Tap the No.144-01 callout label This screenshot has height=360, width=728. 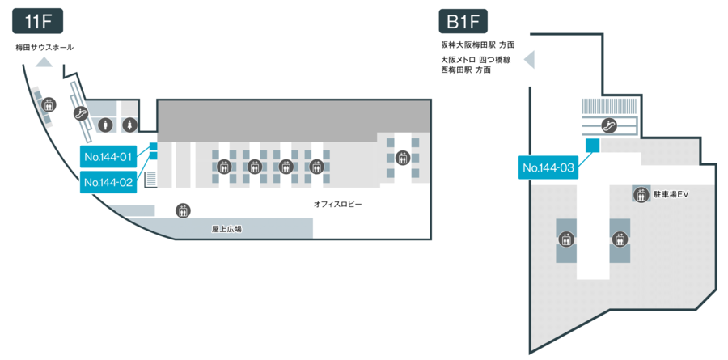(x=108, y=155)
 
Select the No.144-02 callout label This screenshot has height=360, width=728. (x=108, y=182)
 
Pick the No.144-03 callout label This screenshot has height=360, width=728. (x=548, y=167)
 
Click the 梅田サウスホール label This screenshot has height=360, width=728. (x=44, y=47)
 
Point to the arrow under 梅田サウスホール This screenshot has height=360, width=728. (x=44, y=61)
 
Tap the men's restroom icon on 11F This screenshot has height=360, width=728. (x=106, y=125)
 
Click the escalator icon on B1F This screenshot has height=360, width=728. (x=611, y=125)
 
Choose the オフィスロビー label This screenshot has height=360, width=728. (x=338, y=205)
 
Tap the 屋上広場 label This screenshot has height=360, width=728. (x=227, y=230)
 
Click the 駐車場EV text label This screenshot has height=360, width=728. (x=671, y=195)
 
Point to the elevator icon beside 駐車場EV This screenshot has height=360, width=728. (x=641, y=195)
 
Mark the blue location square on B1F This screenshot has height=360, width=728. (x=592, y=145)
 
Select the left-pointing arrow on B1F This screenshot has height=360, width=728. (x=531, y=60)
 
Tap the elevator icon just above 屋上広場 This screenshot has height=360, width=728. (x=183, y=210)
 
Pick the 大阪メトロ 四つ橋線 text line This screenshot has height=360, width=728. (x=476, y=60)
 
